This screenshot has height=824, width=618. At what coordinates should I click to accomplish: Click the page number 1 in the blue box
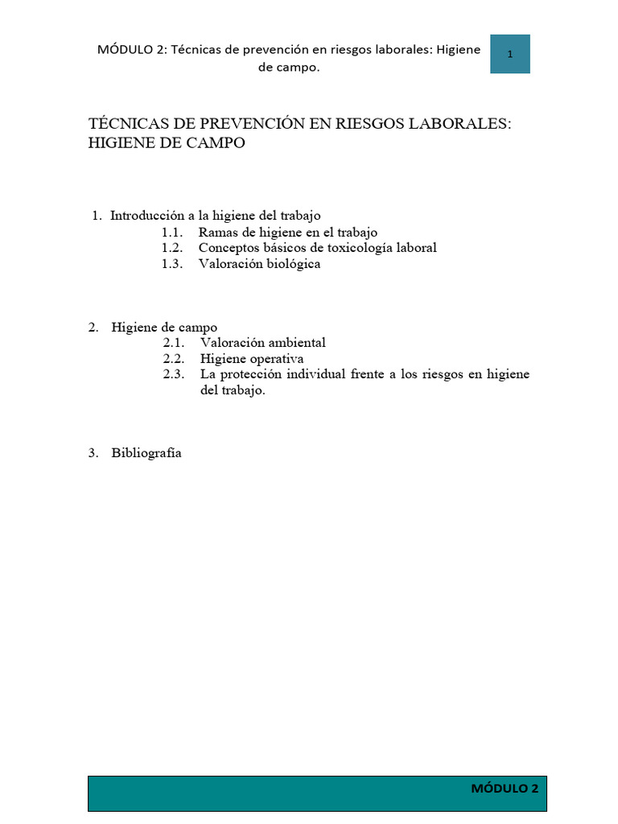[510, 55]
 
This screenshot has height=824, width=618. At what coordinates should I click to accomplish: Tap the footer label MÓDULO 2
[505, 789]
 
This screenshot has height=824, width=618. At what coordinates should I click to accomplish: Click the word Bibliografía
[146, 453]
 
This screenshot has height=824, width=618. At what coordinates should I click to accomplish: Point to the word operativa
[274, 359]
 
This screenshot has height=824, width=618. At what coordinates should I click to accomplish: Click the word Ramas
[216, 232]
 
